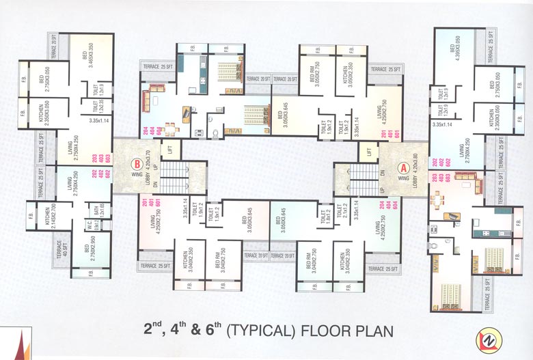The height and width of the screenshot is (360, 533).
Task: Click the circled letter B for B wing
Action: [137, 164]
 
